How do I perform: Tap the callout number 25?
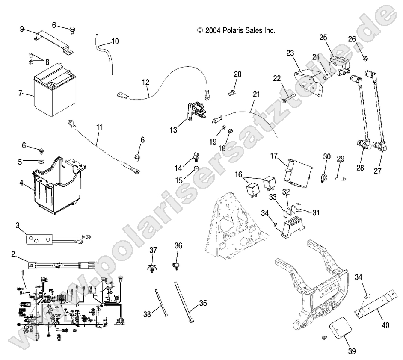(x=323, y=37)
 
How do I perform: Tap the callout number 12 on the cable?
(x=146, y=82)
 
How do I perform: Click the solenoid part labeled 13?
(x=196, y=109)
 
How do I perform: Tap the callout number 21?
(x=256, y=94)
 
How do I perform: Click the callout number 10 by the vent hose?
(x=115, y=41)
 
